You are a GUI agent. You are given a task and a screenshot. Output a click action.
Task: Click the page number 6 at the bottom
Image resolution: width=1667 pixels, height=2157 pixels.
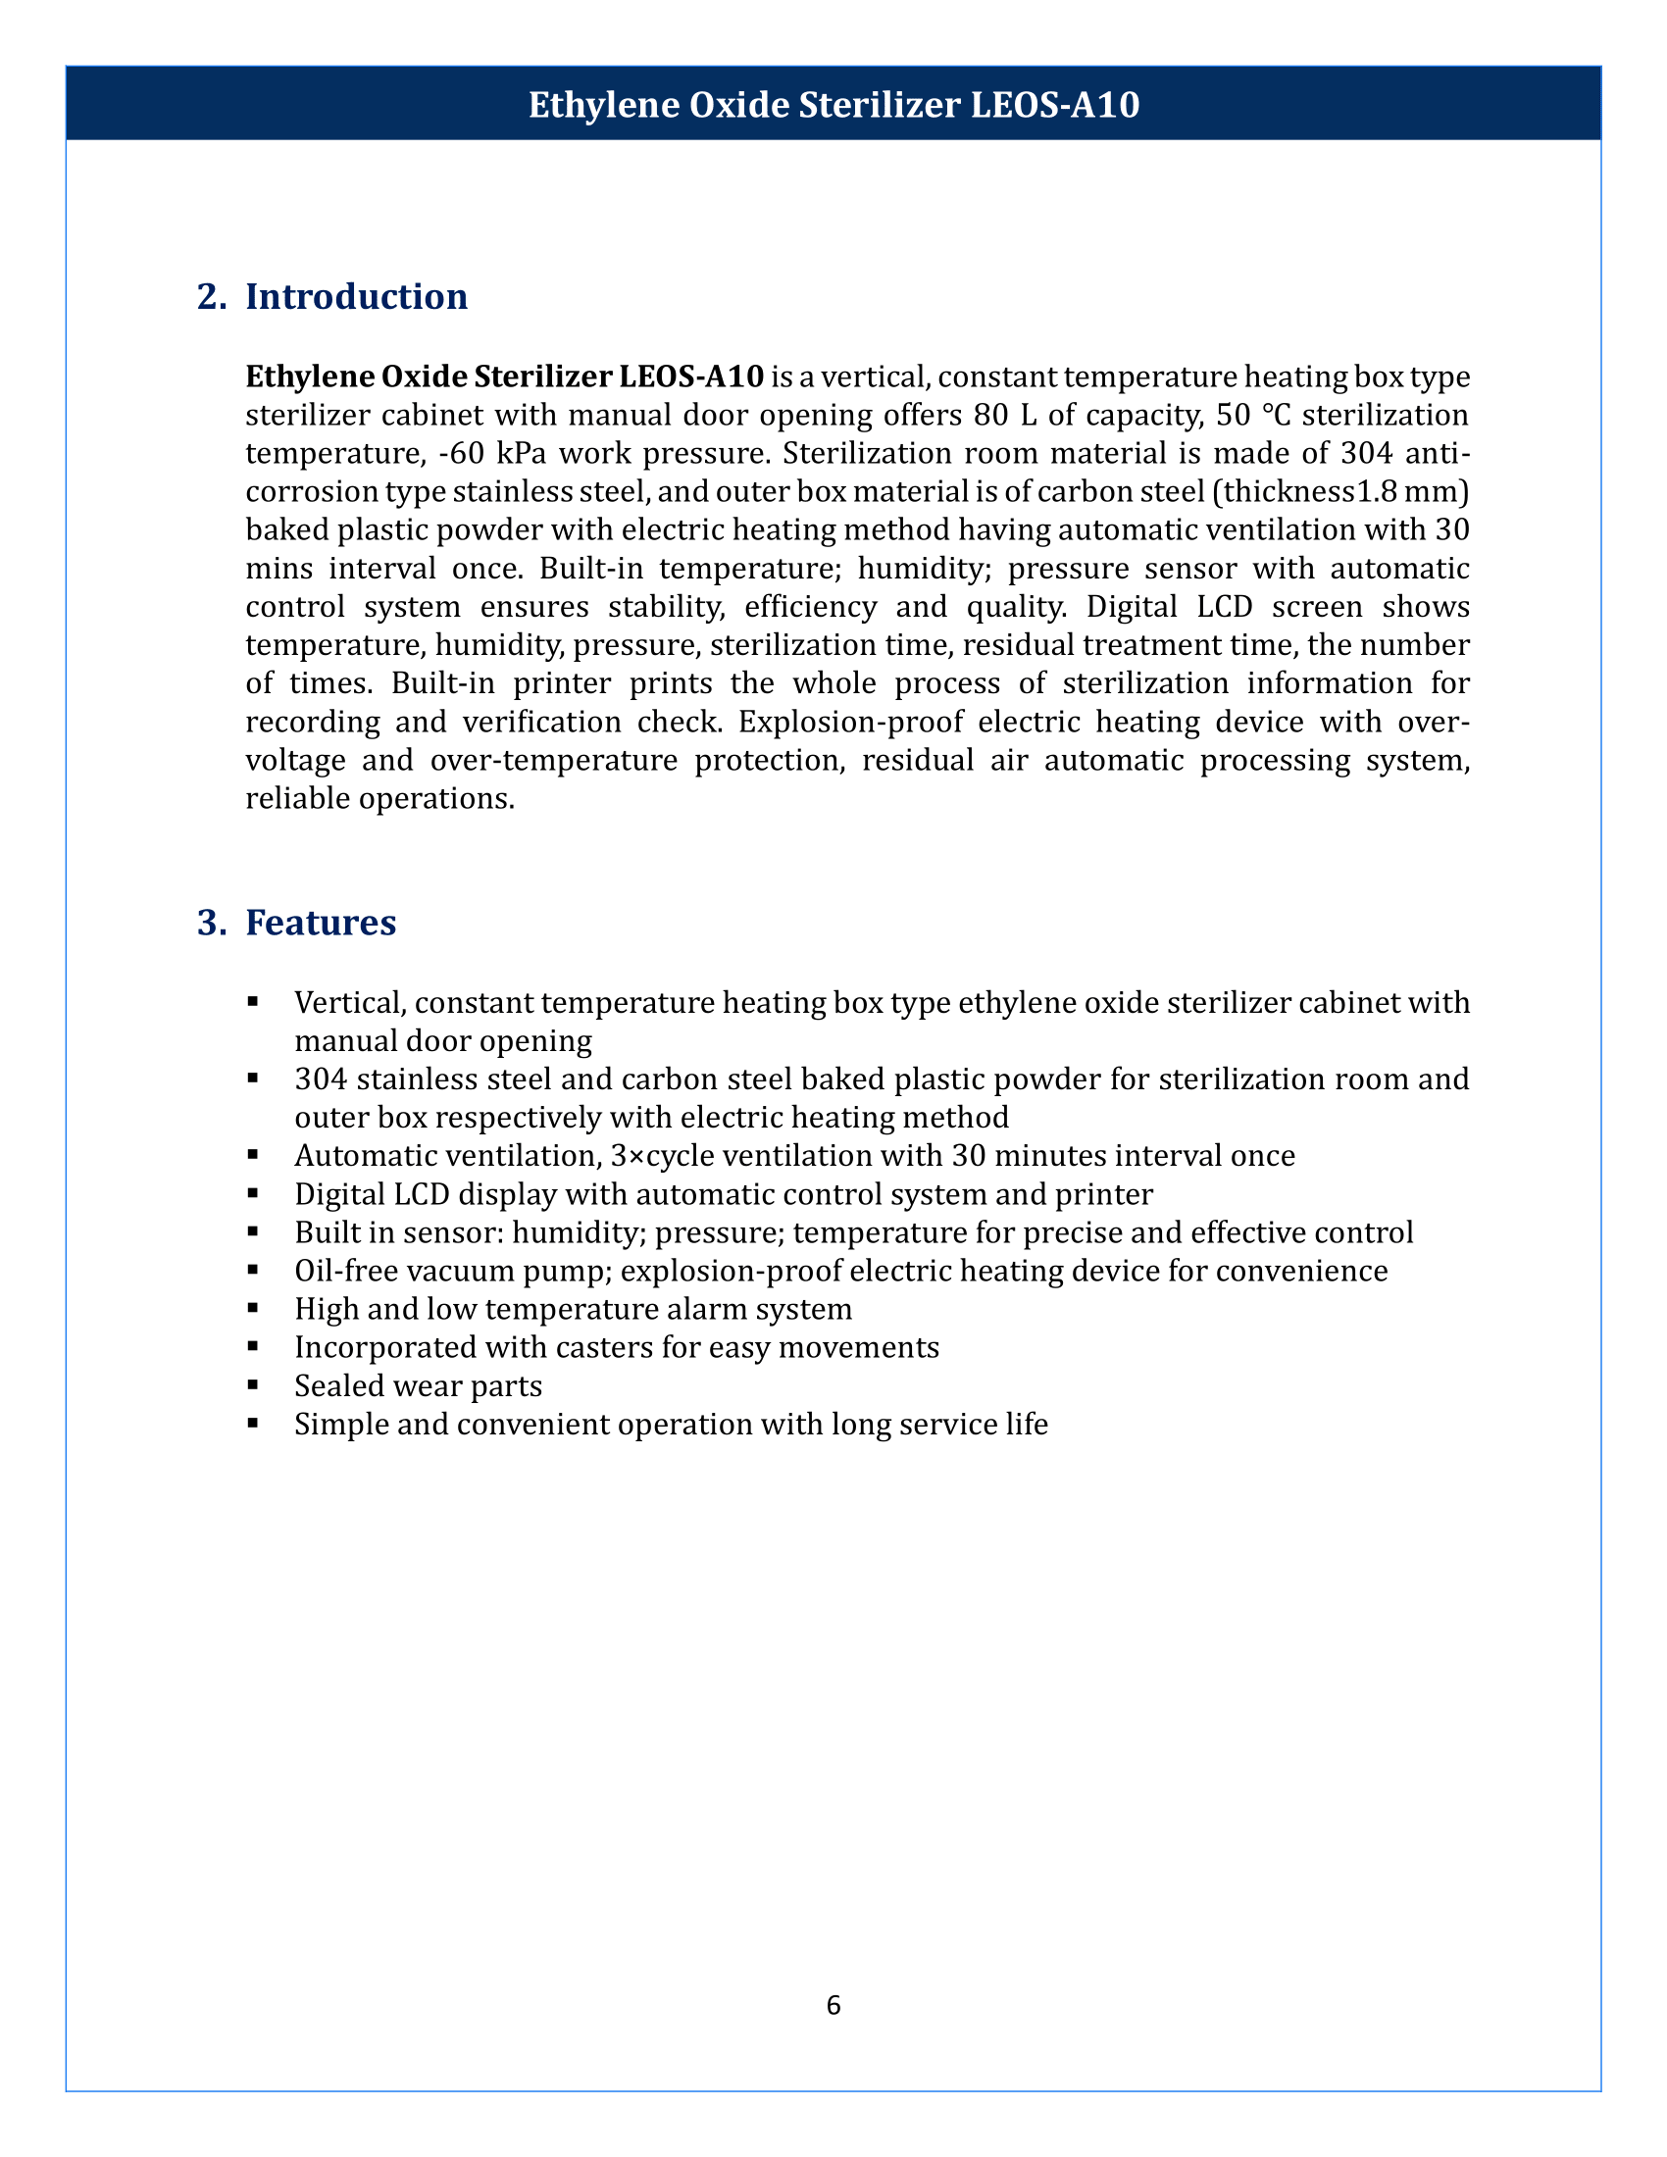[x=833, y=2005]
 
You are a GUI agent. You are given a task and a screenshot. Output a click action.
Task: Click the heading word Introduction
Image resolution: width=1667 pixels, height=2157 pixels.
[x=356, y=297]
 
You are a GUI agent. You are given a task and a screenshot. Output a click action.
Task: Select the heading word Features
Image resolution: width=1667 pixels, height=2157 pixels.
[x=320, y=923]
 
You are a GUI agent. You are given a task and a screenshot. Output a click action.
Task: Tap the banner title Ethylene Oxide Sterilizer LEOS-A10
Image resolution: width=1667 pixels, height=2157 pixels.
[x=833, y=105]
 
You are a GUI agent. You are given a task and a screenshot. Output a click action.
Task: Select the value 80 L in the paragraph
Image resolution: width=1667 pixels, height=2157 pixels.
[x=1006, y=416]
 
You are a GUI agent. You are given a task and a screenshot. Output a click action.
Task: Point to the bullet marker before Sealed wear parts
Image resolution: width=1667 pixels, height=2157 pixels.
[x=253, y=1385]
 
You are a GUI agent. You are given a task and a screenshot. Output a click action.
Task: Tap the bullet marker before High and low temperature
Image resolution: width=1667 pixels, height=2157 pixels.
[x=253, y=1309]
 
